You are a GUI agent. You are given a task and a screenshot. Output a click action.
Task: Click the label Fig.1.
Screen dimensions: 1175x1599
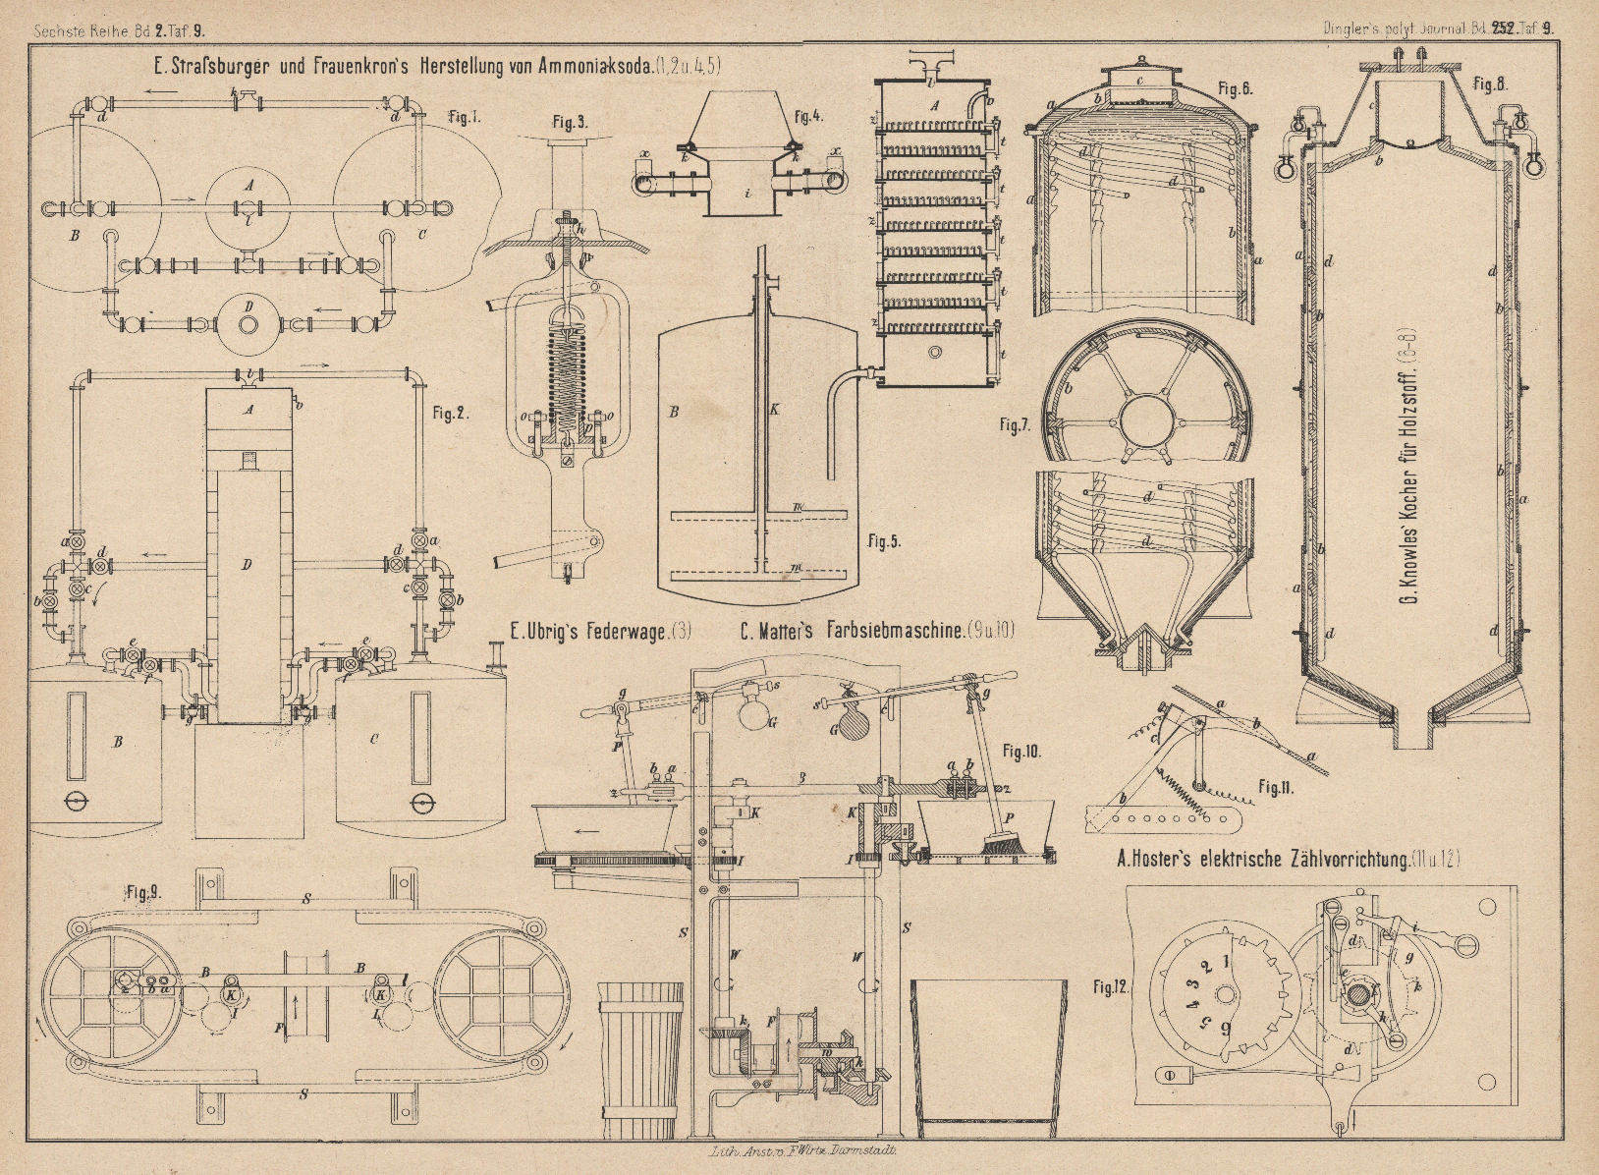click(464, 118)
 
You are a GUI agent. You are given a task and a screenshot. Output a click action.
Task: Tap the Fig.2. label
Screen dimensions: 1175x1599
click(451, 414)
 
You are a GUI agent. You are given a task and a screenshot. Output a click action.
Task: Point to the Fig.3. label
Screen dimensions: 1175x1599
click(570, 123)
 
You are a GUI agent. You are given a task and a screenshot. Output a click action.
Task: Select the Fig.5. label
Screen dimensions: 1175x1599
click(884, 541)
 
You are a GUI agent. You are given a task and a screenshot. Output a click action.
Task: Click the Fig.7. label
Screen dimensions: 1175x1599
click(1014, 424)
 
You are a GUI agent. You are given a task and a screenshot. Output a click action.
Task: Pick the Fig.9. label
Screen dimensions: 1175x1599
click(144, 893)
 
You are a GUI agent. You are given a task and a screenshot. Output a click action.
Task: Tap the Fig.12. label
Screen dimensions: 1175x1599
click(1112, 985)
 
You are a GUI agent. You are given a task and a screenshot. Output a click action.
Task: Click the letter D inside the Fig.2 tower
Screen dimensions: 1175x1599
click(247, 564)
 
